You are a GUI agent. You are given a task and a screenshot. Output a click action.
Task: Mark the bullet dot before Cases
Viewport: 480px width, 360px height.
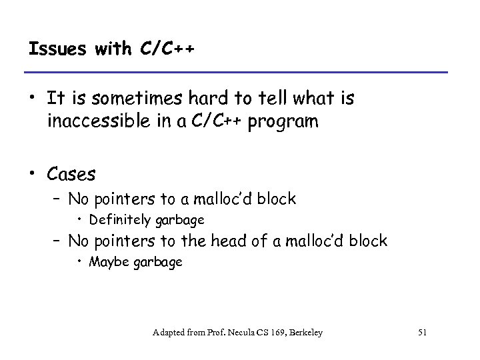[x=35, y=175]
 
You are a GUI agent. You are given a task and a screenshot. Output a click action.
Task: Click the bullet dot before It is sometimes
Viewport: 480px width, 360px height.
[x=35, y=100]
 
